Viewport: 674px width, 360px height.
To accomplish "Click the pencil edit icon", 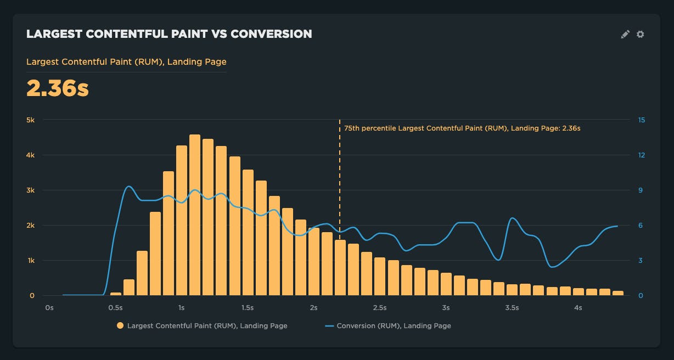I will tap(625, 34).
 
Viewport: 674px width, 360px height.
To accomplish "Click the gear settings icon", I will tap(640, 34).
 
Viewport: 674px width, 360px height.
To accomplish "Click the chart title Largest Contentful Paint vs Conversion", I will tap(169, 34).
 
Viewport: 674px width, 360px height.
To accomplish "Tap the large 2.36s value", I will tap(58, 88).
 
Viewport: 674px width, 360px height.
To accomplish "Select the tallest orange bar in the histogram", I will tap(195, 215).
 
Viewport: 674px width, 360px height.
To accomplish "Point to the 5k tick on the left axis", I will tap(31, 120).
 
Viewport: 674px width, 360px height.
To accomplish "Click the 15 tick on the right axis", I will tap(641, 120).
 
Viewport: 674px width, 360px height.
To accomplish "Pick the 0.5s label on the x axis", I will tap(115, 308).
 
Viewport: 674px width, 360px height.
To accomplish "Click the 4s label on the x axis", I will tap(578, 308).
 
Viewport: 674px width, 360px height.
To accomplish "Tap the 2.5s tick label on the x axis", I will tap(380, 308).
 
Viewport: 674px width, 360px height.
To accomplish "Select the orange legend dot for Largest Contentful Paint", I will tap(120, 326).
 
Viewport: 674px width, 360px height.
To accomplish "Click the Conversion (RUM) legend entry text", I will tap(394, 326).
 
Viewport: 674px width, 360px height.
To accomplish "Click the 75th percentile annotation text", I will tap(462, 128).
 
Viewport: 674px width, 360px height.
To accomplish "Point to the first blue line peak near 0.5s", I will tap(128, 187).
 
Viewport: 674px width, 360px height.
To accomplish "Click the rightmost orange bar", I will tap(618, 293).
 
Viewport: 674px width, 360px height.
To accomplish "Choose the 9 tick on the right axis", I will tap(641, 190).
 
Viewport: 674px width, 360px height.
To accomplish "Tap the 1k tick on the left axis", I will tap(31, 260).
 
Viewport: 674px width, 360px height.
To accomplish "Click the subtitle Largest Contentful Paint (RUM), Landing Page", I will tap(126, 62).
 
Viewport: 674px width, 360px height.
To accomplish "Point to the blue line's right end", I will tap(617, 226).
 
